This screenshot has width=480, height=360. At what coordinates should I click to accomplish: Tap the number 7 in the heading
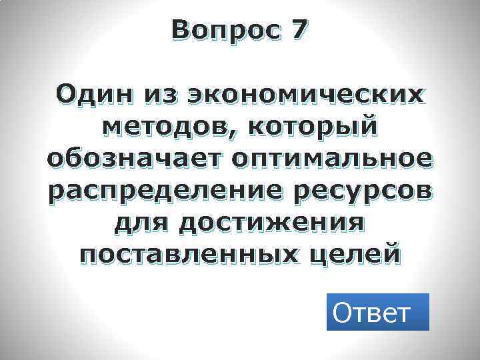[299, 30]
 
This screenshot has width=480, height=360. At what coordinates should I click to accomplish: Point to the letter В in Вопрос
[180, 30]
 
